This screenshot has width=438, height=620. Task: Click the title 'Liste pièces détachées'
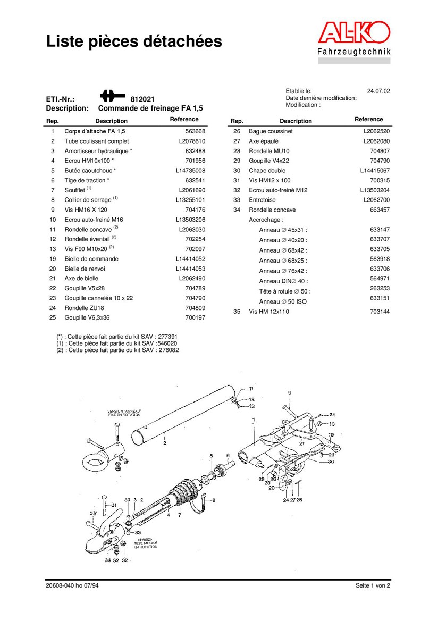point(133,41)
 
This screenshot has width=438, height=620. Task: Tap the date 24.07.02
point(378,91)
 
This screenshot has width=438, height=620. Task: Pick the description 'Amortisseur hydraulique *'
point(98,151)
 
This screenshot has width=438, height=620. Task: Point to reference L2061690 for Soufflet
point(192,190)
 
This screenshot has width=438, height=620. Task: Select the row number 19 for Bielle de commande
point(53,259)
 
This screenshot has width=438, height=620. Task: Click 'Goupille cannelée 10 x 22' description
point(98,298)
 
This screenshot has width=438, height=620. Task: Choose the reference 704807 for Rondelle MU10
point(380,151)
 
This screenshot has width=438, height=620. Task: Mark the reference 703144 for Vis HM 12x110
point(380,312)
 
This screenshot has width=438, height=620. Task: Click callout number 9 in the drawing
point(290,392)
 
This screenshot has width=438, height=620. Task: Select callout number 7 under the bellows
point(180,515)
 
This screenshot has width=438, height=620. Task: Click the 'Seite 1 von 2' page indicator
point(373,586)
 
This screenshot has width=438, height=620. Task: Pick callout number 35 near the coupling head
point(93,514)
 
